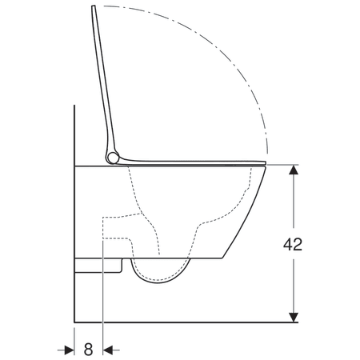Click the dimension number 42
pos(294,244)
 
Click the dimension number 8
pos(88,349)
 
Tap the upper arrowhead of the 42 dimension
pos(294,170)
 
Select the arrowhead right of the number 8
pos(110,349)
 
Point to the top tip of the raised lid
pos(94,7)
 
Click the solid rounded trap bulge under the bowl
pos(160,276)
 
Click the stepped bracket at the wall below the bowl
pos(100,264)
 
